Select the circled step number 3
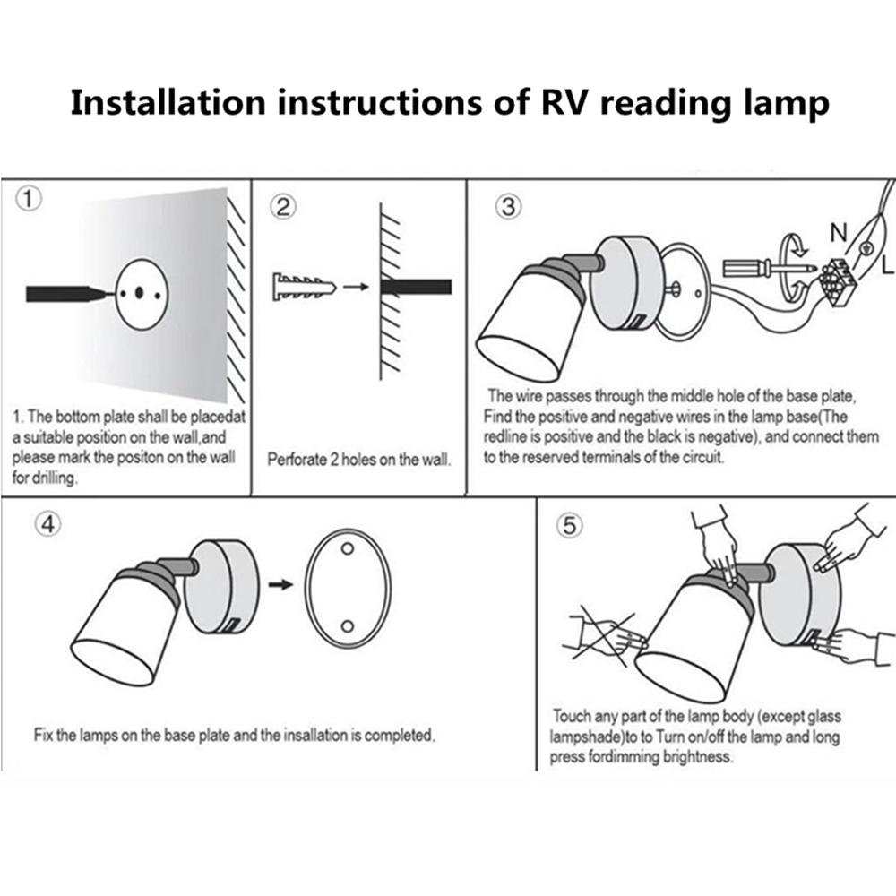coord(507,207)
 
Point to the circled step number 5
coord(567,527)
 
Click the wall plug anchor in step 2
coord(301,288)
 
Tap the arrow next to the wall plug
coord(357,288)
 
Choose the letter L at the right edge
coord(887,265)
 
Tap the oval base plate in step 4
coord(348,586)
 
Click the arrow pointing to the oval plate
coord(281,584)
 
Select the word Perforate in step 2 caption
coord(296,460)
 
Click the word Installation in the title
coord(168,102)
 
